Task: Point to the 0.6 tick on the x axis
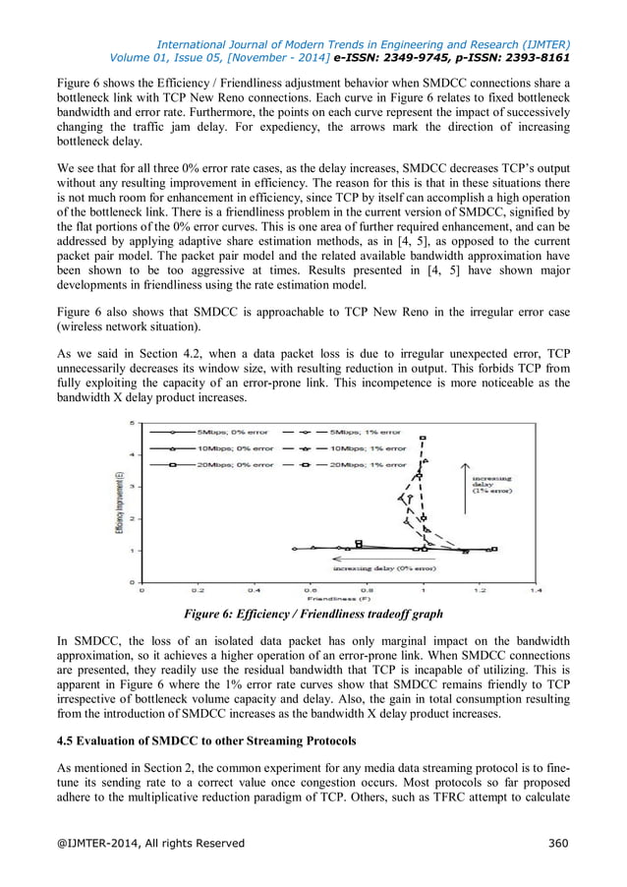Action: pyautogui.click(x=311, y=591)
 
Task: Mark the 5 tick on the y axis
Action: pyautogui.click(x=133, y=423)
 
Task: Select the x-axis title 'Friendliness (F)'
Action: pyautogui.click(x=337, y=599)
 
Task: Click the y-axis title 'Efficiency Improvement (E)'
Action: pyautogui.click(x=118, y=503)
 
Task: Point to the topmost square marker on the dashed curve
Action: pyautogui.click(x=423, y=438)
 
